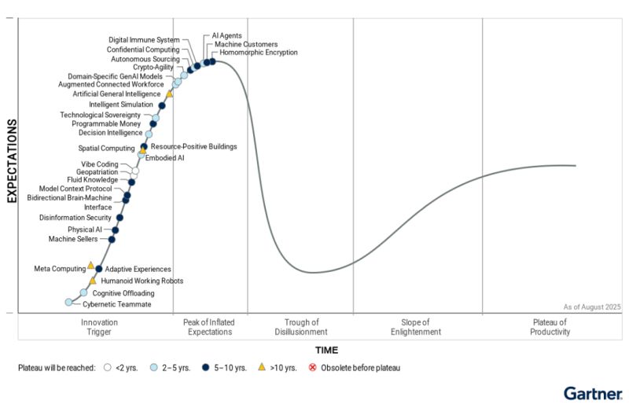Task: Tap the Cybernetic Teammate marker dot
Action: click(68, 303)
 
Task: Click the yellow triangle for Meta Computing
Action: click(90, 266)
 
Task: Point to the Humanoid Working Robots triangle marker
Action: click(93, 280)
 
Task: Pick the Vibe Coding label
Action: click(98, 164)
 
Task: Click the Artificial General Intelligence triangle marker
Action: click(169, 94)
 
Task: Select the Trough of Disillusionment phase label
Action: click(301, 327)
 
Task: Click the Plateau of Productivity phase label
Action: click(550, 327)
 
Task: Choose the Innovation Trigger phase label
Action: click(100, 327)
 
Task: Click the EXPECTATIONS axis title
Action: click(13, 161)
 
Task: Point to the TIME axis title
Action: click(327, 349)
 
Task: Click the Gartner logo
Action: click(593, 393)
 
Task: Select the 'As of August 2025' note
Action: click(592, 307)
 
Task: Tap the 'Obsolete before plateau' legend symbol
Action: click(312, 367)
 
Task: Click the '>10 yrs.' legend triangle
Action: click(262, 367)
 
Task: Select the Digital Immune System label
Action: click(144, 40)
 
